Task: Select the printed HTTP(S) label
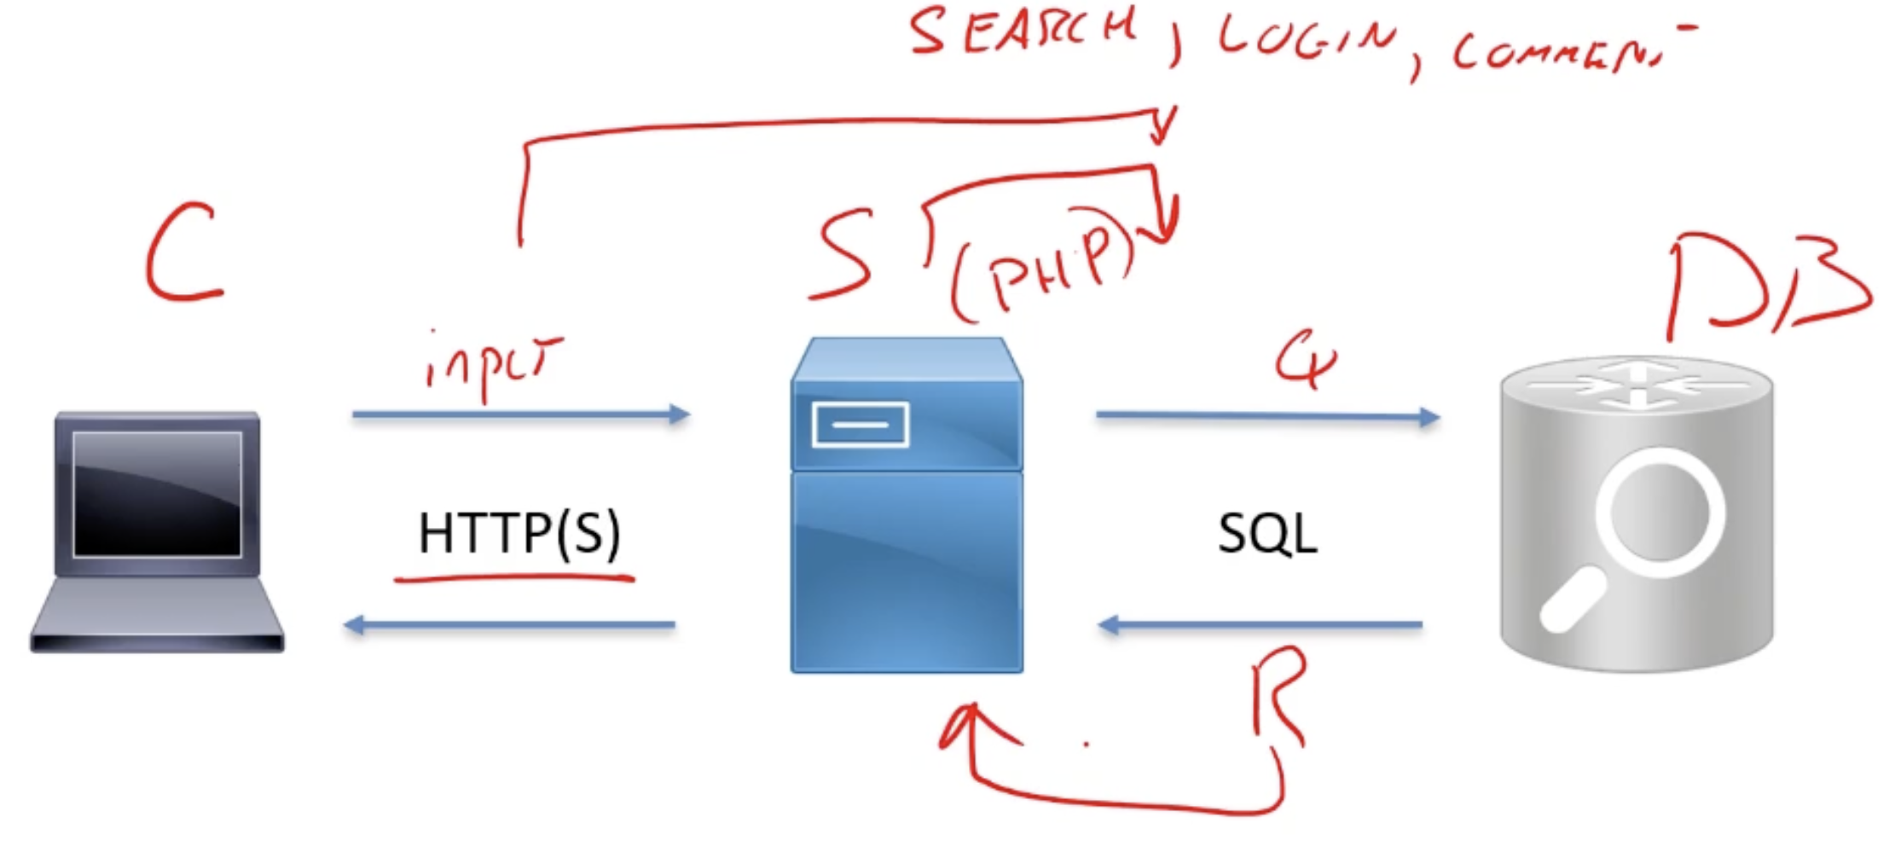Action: pyautogui.click(x=519, y=534)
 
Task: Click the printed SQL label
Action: pyautogui.click(x=1267, y=534)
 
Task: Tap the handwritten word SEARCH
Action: pyautogui.click(x=1023, y=32)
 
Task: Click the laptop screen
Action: pyautogui.click(x=157, y=493)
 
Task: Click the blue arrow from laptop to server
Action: pyautogui.click(x=520, y=415)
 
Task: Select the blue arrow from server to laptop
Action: pyautogui.click(x=509, y=625)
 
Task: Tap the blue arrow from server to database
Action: pyautogui.click(x=1267, y=416)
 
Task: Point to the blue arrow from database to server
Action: pyautogui.click(x=1260, y=625)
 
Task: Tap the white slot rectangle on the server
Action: pyautogui.click(x=860, y=424)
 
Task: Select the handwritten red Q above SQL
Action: pyautogui.click(x=1305, y=361)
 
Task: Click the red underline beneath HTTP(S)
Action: pyautogui.click(x=514, y=579)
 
